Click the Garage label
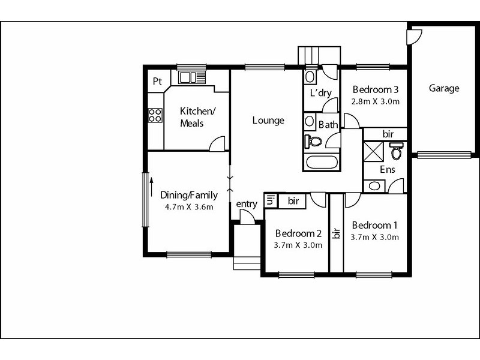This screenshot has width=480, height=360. pos(444,88)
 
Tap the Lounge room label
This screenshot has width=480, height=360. pos(268,120)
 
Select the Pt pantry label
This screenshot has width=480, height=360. pos(157,81)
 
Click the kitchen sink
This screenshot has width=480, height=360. pos(187,77)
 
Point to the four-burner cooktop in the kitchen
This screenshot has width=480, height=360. pos(155,115)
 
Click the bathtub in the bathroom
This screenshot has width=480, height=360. pos(322,162)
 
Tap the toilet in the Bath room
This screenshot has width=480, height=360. pos(313,142)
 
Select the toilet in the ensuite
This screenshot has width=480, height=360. pos(396,151)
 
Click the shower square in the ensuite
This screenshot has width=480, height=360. pos(373,151)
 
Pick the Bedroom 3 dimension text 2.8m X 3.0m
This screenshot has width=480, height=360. pos(376,101)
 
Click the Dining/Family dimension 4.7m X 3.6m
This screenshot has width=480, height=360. pos(189,207)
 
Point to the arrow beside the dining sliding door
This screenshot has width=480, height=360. pos(151,187)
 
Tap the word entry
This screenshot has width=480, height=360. pos(247,204)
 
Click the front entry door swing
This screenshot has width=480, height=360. pos(247,217)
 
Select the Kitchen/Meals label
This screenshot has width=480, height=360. pos(197,117)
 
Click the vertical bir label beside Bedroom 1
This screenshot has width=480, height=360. pos(337,233)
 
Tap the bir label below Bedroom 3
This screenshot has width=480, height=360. pos(388,134)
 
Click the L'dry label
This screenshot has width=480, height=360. pos(320,92)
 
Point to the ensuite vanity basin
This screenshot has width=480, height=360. pos(374,186)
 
